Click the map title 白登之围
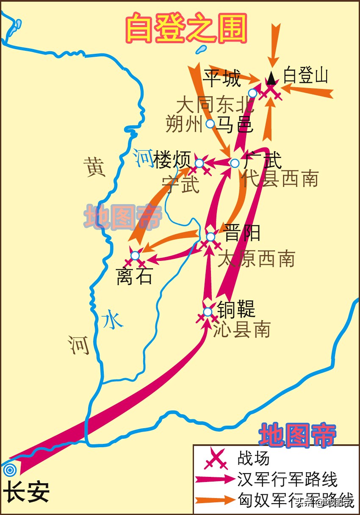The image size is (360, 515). pos(186,28)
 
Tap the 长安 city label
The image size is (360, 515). pos(26,493)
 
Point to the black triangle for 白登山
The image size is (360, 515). pos(271,78)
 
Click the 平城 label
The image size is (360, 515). pos(222,78)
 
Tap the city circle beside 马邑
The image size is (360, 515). pos(210,124)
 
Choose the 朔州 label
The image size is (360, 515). pos(184,125)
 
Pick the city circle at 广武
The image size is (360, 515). pos(235,163)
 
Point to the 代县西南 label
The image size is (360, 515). pos(280,180)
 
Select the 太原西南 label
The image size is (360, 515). pos(256,258)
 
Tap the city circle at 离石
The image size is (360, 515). pos(135,255)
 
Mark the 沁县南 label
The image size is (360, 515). pos(242,329)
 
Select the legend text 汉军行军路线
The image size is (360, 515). pos(288,480)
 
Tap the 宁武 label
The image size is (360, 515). pos(180,185)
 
